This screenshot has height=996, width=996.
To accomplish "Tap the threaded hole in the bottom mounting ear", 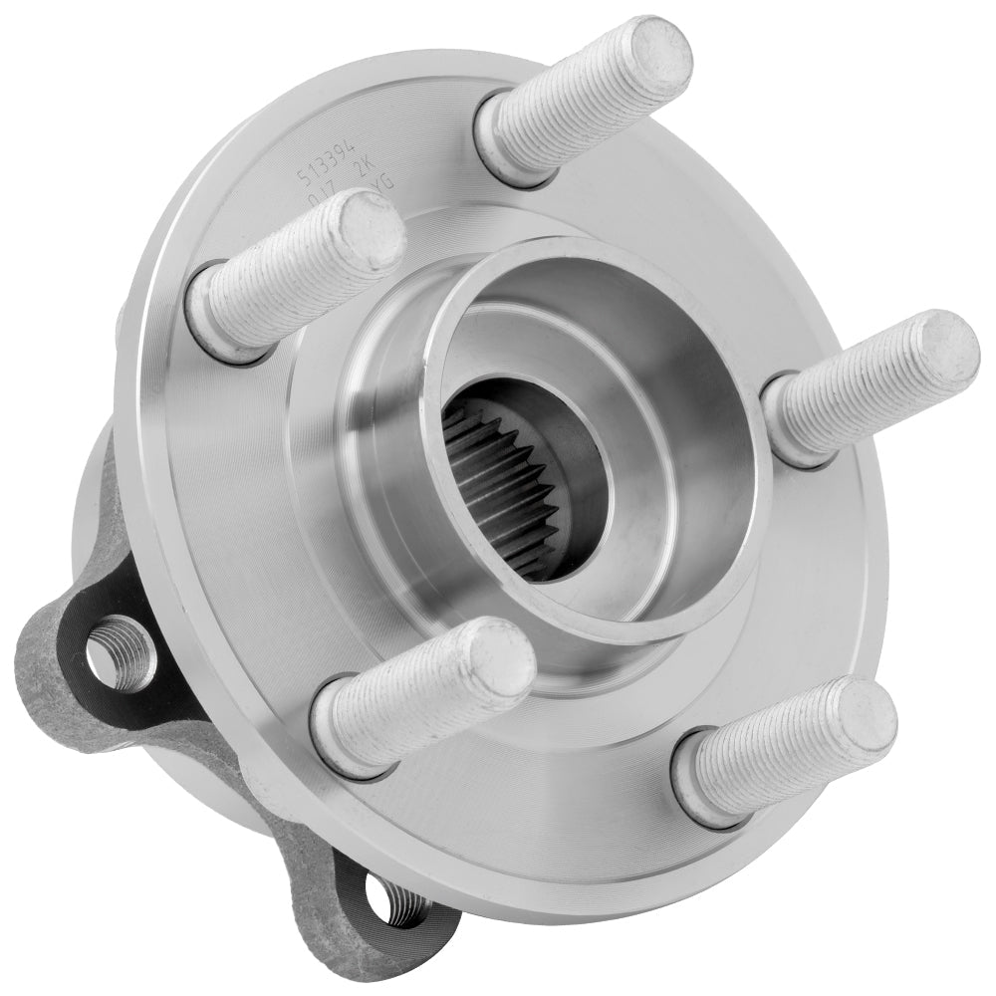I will [393, 901].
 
